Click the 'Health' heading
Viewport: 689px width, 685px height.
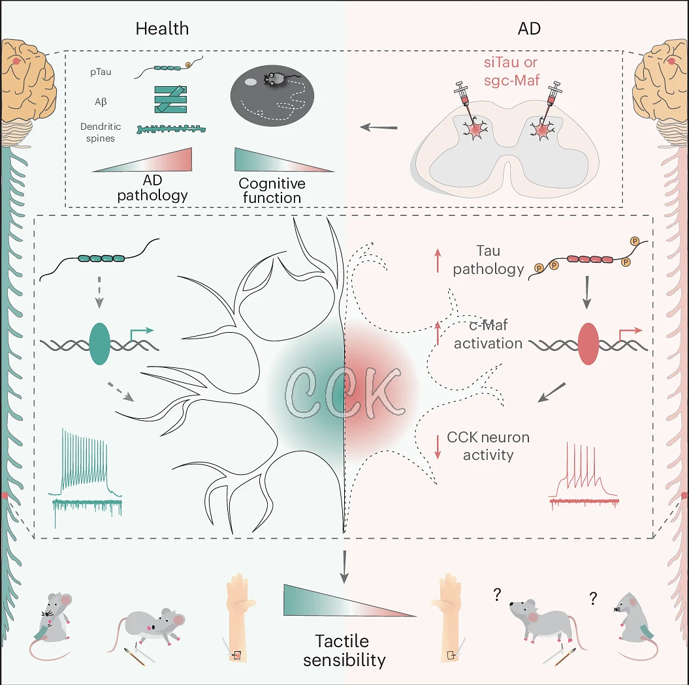(162, 29)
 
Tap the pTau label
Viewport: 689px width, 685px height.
(101, 72)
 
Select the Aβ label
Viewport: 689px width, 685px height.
(101, 102)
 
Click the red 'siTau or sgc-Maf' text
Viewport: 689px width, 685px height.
(511, 72)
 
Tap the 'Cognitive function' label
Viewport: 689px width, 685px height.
(270, 190)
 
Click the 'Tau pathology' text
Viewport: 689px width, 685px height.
(489, 260)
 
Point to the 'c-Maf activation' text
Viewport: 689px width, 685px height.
(488, 334)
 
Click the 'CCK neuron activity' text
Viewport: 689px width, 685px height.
(488, 446)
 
